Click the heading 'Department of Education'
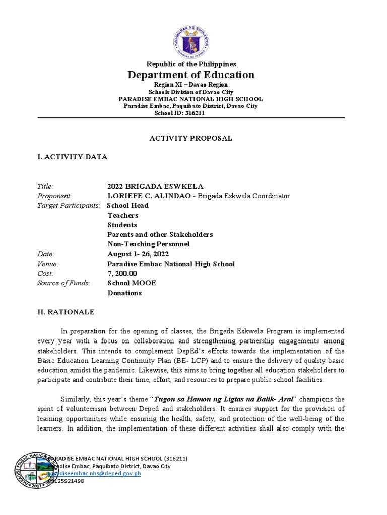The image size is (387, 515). pos(191,75)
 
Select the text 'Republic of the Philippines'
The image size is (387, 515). pos(191,64)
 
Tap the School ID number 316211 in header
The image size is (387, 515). pos(195,113)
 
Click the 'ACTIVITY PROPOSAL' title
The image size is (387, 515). pos(191,138)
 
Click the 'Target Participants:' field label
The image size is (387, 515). pos(69,205)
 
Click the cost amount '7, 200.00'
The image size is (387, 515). pos(122,273)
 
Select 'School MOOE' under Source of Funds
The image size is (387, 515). pos(132,283)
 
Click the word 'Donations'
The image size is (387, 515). pos(124,293)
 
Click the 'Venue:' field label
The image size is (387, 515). pos(48,264)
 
